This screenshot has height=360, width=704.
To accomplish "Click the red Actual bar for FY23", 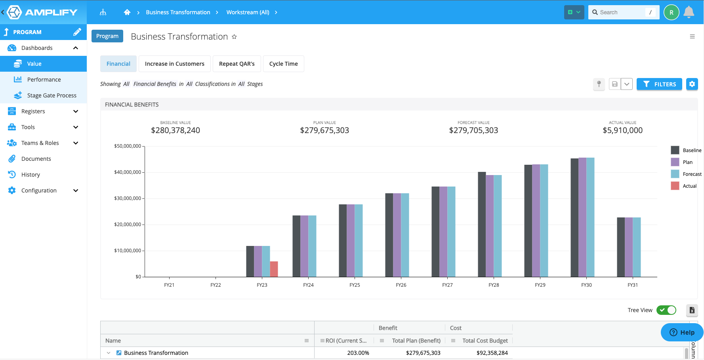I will pos(274,269).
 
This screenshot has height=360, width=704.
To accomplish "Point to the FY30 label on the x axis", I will pos(586,285).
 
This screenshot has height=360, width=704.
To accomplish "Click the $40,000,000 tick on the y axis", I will pos(128,172).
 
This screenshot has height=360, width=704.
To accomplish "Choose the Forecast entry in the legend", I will pos(692,174).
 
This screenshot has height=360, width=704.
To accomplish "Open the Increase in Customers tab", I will pos(175,64).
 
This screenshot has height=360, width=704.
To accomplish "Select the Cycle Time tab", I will pos(283,64).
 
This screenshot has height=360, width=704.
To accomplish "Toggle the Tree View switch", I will pos(666,310).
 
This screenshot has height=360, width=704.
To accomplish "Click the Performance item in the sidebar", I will pos(44,80).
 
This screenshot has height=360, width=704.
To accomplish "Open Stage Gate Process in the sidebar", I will pos(52,95).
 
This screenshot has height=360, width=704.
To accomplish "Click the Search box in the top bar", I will pos(622,12).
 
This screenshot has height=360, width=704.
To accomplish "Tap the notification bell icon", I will pos(689,12).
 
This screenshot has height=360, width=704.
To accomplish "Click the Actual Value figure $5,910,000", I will pos(622,130).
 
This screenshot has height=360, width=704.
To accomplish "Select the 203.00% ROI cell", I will pos(358,353).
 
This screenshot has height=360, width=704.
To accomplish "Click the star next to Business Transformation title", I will pos(234,37).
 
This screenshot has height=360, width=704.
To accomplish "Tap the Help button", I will pos(682,332).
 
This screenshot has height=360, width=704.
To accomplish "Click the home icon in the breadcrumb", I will pos(127,12).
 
